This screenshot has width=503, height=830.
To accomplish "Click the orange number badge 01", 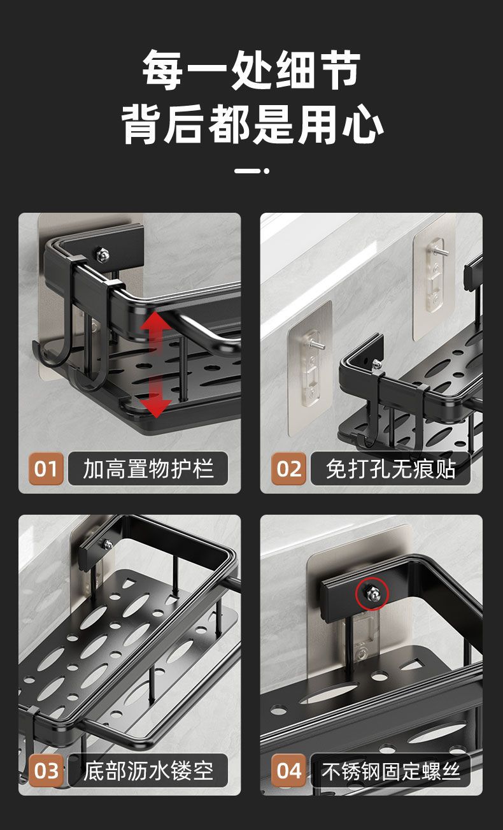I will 46,469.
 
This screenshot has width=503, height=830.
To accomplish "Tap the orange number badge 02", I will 288,469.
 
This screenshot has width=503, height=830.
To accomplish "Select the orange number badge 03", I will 46,771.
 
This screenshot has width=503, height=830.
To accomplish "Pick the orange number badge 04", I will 288,771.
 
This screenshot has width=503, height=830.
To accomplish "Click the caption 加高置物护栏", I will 147,469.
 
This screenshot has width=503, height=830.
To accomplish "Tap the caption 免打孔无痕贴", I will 390,469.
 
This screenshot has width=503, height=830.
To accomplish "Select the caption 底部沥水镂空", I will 147,771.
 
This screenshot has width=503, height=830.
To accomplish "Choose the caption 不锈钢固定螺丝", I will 390,771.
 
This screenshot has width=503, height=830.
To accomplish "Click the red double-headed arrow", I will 155,364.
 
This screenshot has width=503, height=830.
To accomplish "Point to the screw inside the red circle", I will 371,594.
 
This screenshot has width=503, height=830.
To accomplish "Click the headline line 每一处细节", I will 251,69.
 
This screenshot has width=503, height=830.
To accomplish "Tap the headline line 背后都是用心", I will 251,125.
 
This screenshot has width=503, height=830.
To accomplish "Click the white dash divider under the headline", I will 251,171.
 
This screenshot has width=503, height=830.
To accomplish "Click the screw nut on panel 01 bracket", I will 102,254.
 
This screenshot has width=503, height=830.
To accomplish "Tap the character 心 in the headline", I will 362,125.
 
